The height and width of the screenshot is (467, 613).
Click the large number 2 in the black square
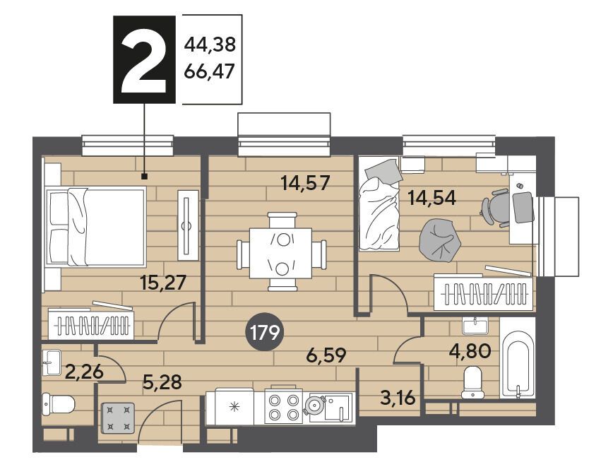pos(144,61)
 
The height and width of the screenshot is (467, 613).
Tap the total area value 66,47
pos(209,71)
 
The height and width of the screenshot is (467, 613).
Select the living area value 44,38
pos(210,45)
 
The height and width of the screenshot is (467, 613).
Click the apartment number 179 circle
pos(265,333)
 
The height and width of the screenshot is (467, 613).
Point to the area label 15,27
pos(163,283)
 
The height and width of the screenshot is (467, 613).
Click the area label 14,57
pos(306,183)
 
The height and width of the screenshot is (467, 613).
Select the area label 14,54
pos(432,198)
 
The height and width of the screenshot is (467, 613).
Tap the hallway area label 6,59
pos(326,355)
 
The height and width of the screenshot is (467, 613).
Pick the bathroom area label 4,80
pos(470,351)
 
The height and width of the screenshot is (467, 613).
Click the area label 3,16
pos(398,399)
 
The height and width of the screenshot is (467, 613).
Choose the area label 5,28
pos(162,382)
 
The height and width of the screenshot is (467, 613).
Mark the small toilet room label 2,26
pos(85,371)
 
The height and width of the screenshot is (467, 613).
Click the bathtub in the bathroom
pos(517,363)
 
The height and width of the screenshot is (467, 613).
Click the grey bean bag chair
pos(439,240)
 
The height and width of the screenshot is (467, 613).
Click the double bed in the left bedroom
pos(96,227)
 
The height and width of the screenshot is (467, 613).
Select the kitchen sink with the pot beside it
pos(331,407)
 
